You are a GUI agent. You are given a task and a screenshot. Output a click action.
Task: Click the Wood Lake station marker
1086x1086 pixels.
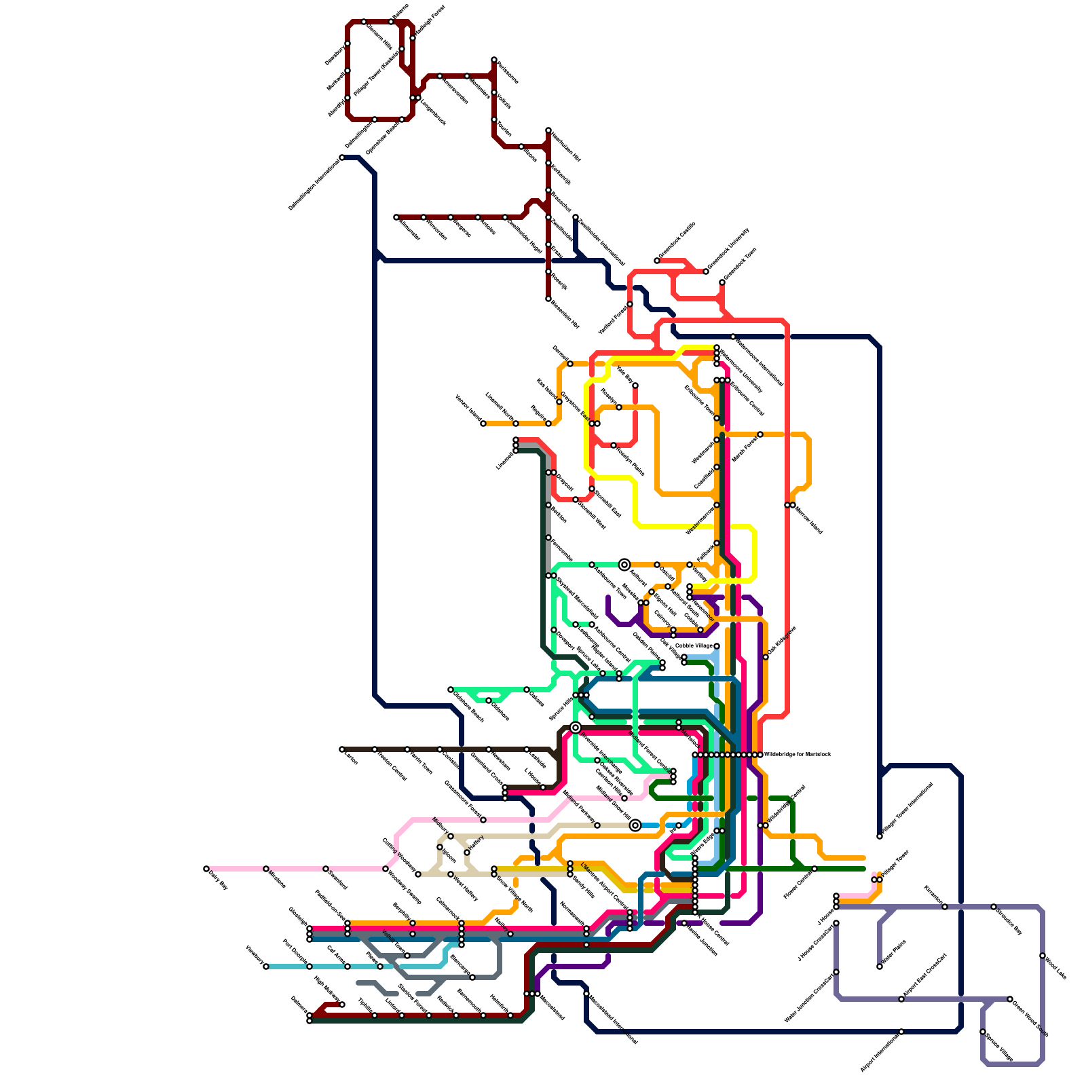(1043, 956)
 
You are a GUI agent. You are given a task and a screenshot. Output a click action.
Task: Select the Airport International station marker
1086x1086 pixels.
(901, 1032)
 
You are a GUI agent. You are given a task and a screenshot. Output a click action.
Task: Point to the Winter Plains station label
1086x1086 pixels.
(894, 954)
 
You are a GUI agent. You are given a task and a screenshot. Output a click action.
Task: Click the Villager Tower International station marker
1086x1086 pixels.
(880, 836)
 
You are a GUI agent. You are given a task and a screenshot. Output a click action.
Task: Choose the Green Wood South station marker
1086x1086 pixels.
(1010, 999)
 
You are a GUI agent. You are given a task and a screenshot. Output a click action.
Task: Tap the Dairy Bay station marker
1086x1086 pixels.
(206, 869)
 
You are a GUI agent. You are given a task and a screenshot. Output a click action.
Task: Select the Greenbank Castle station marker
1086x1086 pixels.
(657, 261)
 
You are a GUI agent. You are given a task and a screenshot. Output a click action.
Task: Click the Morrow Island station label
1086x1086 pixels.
(808, 519)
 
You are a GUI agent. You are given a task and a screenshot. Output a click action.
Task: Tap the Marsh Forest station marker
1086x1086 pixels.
(760, 434)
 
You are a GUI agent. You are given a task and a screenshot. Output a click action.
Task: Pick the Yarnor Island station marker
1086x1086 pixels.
(483, 424)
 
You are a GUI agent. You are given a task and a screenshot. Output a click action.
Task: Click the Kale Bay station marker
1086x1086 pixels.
(635, 386)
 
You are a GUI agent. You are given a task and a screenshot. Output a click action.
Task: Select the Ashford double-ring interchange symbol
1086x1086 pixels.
(624, 565)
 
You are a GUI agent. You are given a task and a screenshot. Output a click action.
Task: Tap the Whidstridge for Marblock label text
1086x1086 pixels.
(797, 754)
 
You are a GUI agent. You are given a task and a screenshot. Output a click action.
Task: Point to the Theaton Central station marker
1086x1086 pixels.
(375, 749)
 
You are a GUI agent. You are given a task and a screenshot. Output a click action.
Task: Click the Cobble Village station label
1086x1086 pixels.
(694, 645)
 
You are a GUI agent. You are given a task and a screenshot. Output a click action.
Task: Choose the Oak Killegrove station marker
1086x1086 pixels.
(766, 657)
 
